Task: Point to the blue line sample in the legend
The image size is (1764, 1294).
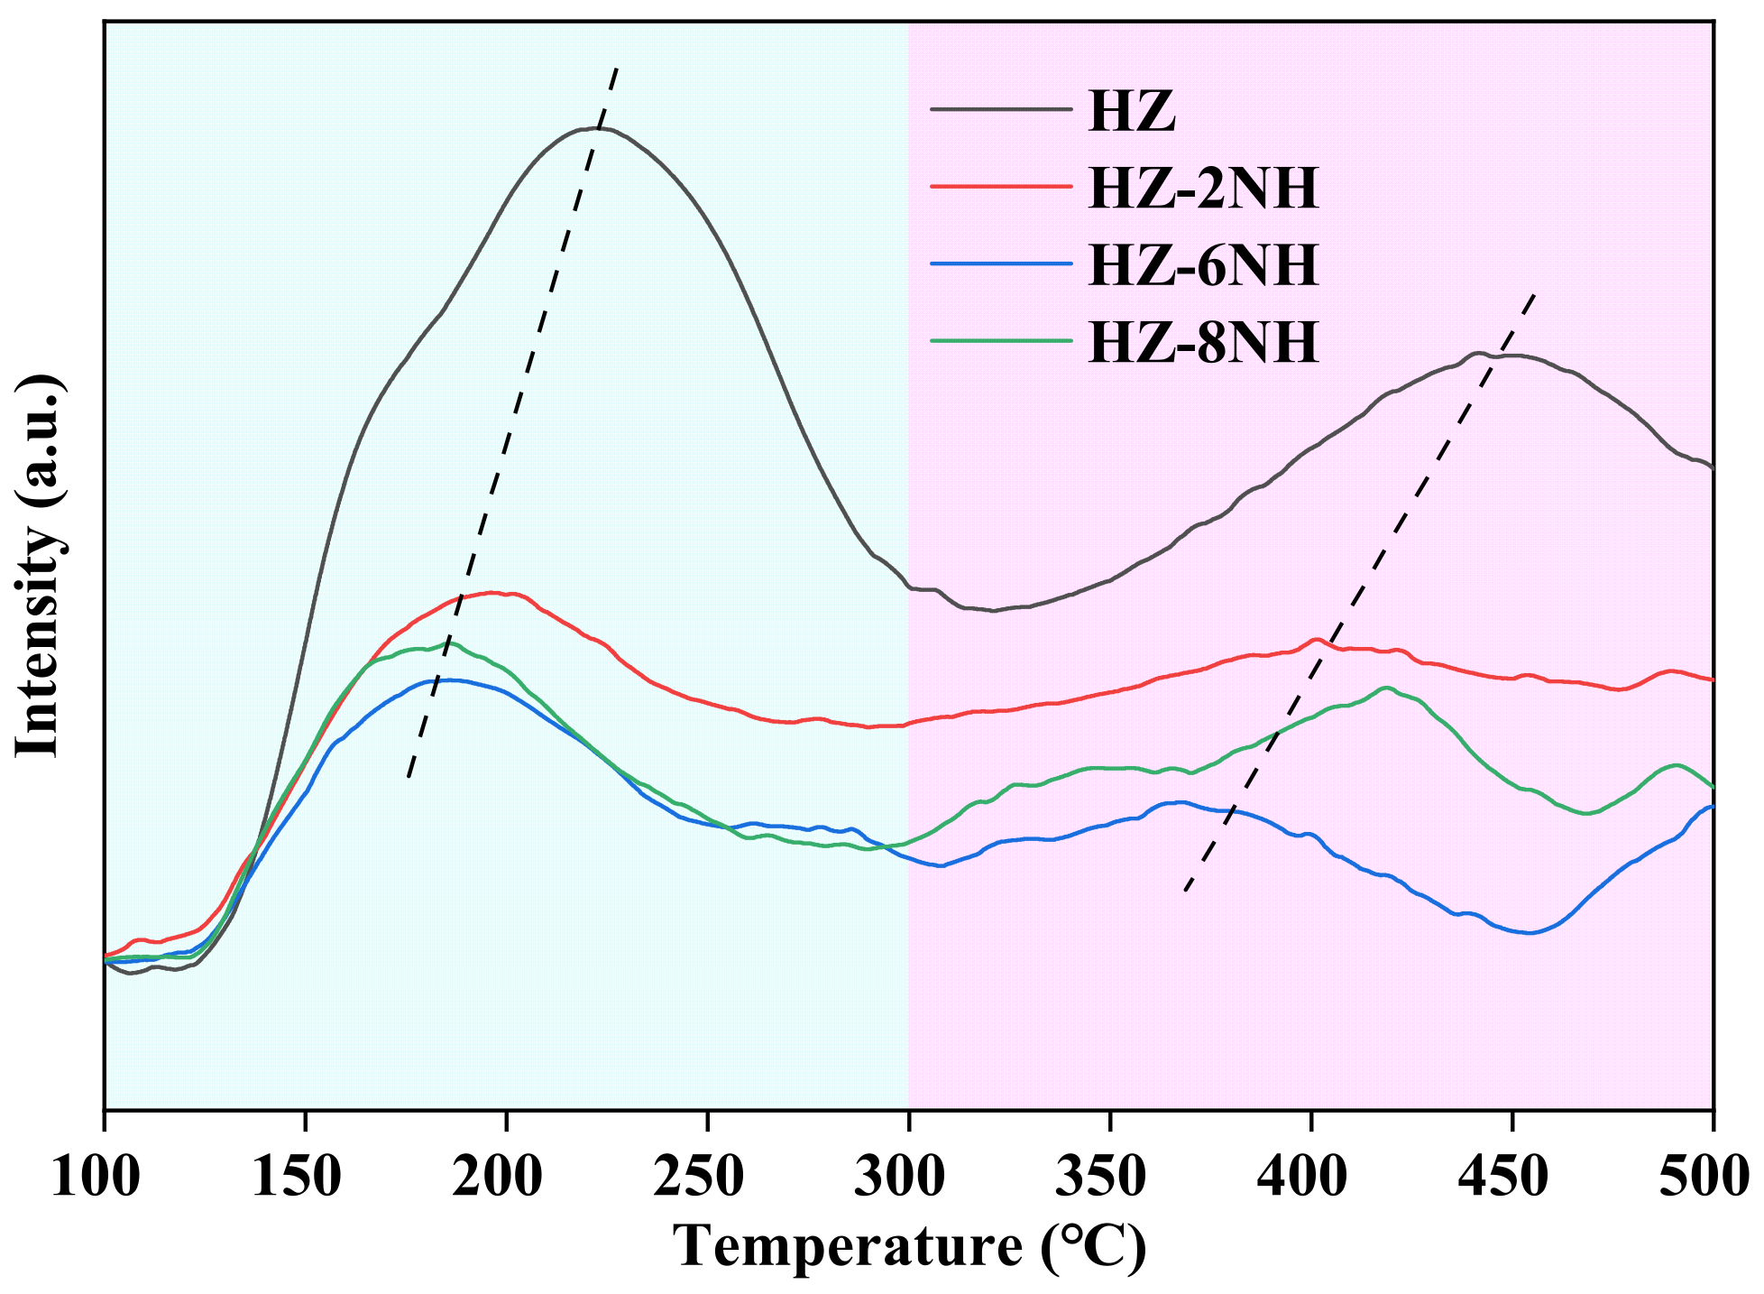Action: [x=1001, y=263]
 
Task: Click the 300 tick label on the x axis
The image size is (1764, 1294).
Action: [x=901, y=1178]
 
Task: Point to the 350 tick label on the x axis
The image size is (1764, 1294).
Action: [x=1102, y=1178]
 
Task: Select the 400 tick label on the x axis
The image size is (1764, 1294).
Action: [x=1303, y=1178]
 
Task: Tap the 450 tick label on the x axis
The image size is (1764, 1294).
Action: [x=1504, y=1178]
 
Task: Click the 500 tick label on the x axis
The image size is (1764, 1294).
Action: [x=1704, y=1178]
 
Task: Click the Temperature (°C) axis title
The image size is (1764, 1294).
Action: [x=909, y=1248]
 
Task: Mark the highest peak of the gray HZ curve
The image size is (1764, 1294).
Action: [x=598, y=128]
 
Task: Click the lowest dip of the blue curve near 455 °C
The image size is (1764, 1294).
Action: [x=1529, y=933]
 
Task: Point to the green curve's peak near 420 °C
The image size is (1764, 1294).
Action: [x=1386, y=688]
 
